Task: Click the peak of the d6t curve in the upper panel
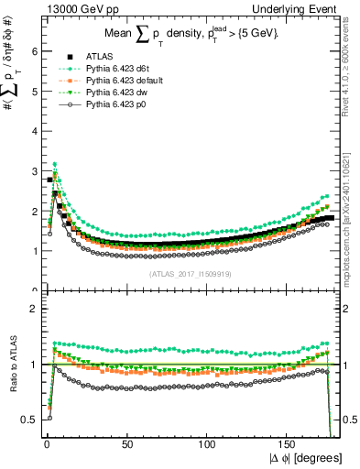55,164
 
